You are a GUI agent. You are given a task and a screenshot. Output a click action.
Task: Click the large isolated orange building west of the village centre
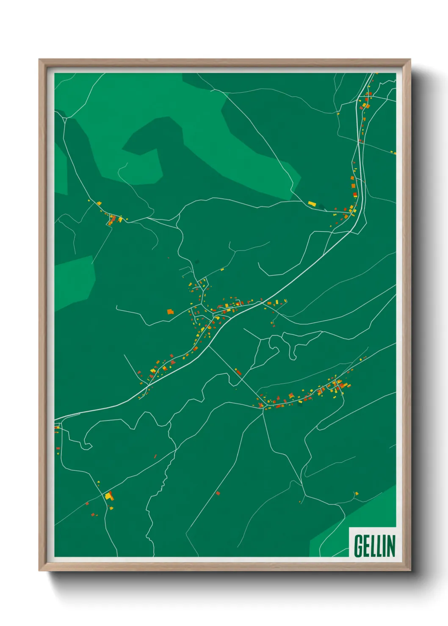coord(170,312)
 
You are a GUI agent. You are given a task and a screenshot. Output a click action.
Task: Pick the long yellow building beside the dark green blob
coord(312,204)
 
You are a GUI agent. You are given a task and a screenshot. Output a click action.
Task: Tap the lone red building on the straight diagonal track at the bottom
coord(218,493)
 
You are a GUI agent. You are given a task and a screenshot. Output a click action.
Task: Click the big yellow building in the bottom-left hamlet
coord(109,495)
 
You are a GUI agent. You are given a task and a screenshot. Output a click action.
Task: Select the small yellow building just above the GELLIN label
coord(357,493)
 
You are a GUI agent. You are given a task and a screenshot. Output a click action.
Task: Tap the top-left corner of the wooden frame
coord(40,60)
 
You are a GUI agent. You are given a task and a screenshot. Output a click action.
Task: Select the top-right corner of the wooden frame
coord(410,60)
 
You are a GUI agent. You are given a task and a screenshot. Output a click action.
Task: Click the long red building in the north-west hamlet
coord(113,219)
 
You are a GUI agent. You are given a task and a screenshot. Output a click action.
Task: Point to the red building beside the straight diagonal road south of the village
coord(238,372)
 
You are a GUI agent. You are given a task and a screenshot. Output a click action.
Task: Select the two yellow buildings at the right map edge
coord(394,152)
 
